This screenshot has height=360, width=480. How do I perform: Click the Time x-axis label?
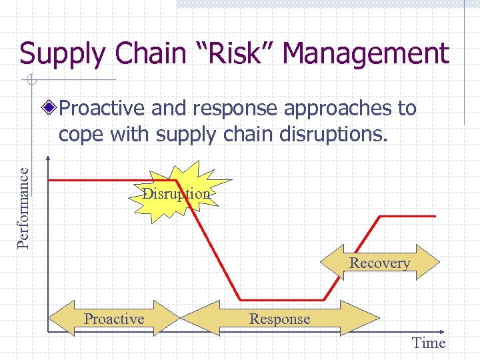point(428,343)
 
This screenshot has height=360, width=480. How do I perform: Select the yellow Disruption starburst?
point(177,193)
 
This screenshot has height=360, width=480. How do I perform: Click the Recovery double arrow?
point(380,263)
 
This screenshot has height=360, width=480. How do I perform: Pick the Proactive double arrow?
point(114,319)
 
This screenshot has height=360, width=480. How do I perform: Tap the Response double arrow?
point(279,319)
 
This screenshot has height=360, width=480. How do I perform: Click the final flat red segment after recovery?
point(407,216)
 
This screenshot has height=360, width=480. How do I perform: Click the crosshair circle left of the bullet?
point(31,81)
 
